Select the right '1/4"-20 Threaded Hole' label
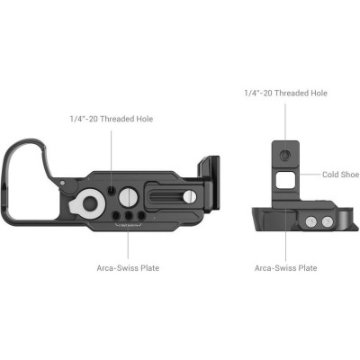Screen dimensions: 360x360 point(285,93)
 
